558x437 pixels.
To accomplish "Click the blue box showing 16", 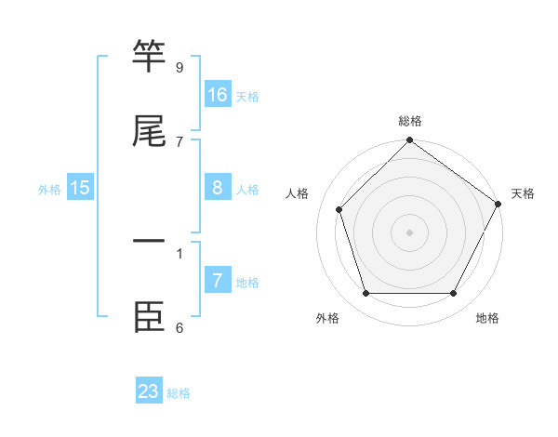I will pyautogui.click(x=218, y=94).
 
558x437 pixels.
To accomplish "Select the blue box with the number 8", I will pyautogui.click(x=218, y=188).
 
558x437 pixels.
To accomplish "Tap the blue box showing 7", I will pyautogui.click(x=218, y=280).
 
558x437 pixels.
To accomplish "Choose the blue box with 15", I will pyautogui.click(x=80, y=188).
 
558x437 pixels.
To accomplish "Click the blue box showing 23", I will pyautogui.click(x=149, y=391).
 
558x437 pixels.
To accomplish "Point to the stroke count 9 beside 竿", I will pyautogui.click(x=179, y=68).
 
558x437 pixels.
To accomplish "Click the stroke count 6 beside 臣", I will pyautogui.click(x=179, y=327).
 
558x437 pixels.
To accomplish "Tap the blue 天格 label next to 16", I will pyautogui.click(x=247, y=97).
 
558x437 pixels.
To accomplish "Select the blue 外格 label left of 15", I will pyautogui.click(x=49, y=190).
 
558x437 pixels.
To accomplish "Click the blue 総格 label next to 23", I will pyautogui.click(x=179, y=393).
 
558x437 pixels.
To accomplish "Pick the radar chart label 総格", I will pyautogui.click(x=410, y=121).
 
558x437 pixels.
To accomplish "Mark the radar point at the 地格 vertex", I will pyautogui.click(x=453, y=294).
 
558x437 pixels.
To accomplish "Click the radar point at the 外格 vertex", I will pyautogui.click(x=365, y=294).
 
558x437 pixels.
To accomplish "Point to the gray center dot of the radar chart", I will pyautogui.click(x=409, y=232).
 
